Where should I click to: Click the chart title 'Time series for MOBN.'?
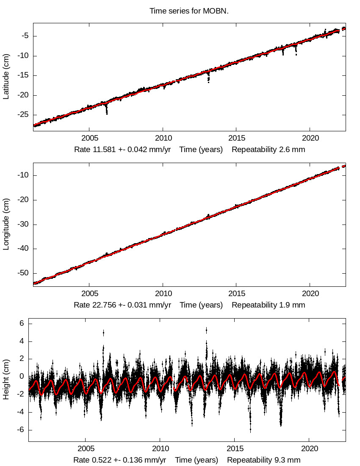(189, 11)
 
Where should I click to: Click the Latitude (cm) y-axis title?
(6, 77)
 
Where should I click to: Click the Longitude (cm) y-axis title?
(6, 225)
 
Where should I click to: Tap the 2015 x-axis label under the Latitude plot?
(236, 138)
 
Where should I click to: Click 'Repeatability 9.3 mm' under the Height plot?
(264, 460)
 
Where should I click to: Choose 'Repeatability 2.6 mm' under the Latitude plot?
(268, 150)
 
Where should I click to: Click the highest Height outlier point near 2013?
(206, 329)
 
